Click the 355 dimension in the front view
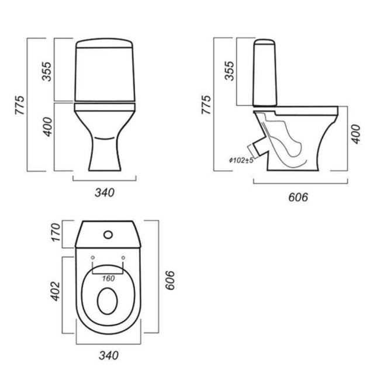pyautogui.click(x=47, y=71)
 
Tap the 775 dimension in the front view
pyautogui.click(x=20, y=105)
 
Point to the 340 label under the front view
pyautogui.click(x=105, y=193)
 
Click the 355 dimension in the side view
pyautogui.click(x=230, y=71)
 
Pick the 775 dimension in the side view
pyautogui.click(x=206, y=105)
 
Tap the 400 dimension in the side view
pyautogui.click(x=356, y=134)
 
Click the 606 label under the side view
pyautogui.click(x=298, y=198)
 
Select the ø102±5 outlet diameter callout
pyautogui.click(x=241, y=160)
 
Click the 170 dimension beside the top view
pyautogui.click(x=56, y=233)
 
